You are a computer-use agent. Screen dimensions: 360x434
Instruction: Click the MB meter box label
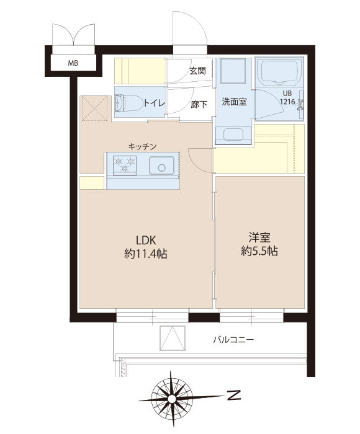tap(73, 63)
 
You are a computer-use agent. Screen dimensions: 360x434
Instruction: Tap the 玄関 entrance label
tap(197, 71)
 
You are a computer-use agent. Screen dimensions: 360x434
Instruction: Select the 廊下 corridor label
tap(199, 104)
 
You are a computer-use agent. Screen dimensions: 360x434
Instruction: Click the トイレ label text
tap(154, 104)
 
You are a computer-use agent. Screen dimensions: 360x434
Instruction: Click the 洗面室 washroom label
tap(234, 102)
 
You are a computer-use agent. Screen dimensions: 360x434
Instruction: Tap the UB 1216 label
tap(287, 98)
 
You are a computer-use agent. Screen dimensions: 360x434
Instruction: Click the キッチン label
tap(142, 146)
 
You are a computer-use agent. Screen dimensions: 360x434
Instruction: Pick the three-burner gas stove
tap(125, 166)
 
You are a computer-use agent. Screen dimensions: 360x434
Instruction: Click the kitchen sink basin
tap(161, 166)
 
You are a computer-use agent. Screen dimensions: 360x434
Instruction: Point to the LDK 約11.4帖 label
tap(146, 247)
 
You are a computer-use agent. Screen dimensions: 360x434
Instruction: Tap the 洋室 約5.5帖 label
tap(259, 244)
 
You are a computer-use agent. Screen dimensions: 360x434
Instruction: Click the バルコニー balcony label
tap(233, 339)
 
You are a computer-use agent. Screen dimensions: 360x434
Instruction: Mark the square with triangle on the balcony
tap(173, 339)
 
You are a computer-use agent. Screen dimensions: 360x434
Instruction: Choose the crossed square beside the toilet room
tap(94, 108)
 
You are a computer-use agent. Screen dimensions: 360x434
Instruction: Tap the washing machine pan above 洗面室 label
tap(233, 71)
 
